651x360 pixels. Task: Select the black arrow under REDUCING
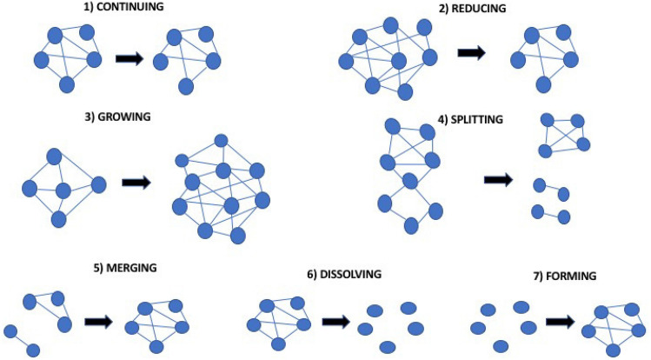pos(471,53)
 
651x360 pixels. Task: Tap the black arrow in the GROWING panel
pos(136,183)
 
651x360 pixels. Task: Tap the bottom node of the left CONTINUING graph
pos(67,84)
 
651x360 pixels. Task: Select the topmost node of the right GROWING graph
pos(222,141)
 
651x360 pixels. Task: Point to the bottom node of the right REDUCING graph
pos(543,84)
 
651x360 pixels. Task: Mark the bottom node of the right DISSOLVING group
pos(388,347)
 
